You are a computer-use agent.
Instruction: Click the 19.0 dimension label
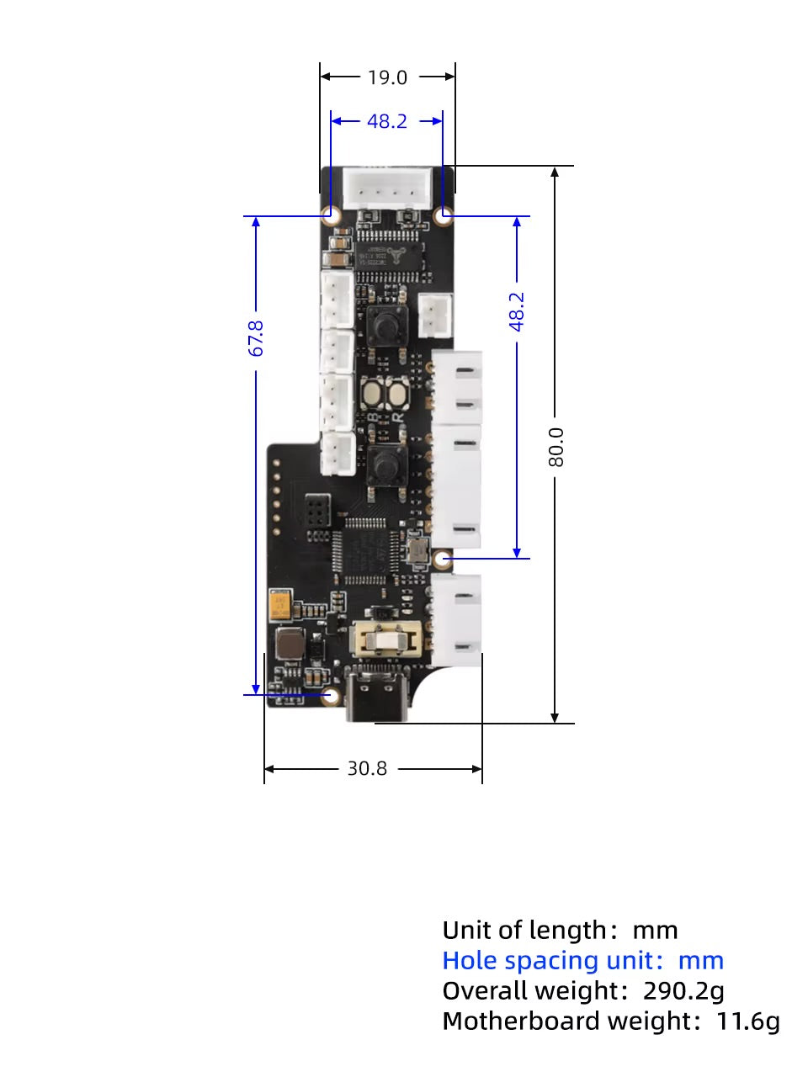387,77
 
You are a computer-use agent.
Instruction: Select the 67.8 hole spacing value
257,337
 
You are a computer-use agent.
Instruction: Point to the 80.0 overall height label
555,447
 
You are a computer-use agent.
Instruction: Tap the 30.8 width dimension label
368,768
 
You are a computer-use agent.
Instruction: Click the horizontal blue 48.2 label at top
387,121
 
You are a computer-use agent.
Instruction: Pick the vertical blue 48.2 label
517,311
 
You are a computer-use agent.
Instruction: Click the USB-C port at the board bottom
378,695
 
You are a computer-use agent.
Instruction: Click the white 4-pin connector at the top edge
388,187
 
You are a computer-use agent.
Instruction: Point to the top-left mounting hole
332,215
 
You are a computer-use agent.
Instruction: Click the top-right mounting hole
444,215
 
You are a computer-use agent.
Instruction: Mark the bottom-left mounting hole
331,695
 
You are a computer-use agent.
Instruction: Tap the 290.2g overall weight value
683,991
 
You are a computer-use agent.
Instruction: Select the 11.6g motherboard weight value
747,1021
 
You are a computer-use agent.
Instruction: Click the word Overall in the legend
479,991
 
